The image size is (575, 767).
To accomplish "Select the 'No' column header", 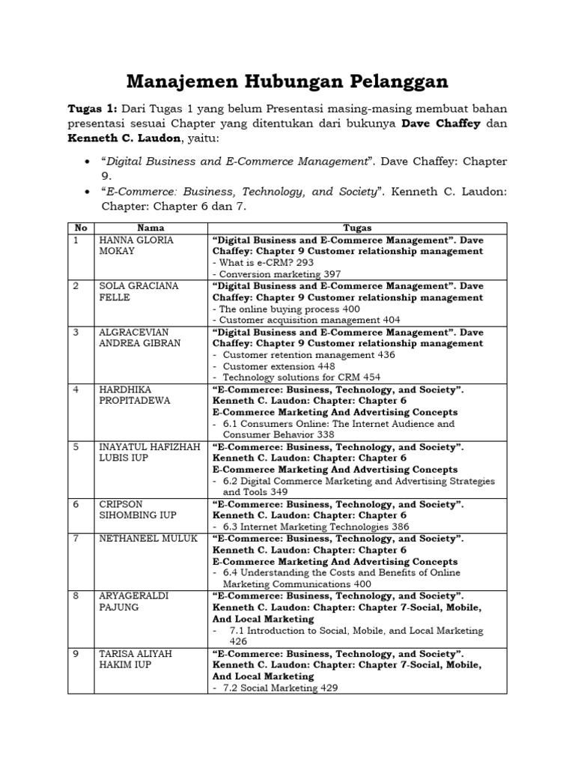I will [79, 228].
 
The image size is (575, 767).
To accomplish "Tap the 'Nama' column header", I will [151, 228].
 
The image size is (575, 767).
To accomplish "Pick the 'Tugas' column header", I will [357, 228].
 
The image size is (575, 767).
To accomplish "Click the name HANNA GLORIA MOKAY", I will [136, 246].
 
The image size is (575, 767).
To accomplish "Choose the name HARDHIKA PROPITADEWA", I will [135, 395].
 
